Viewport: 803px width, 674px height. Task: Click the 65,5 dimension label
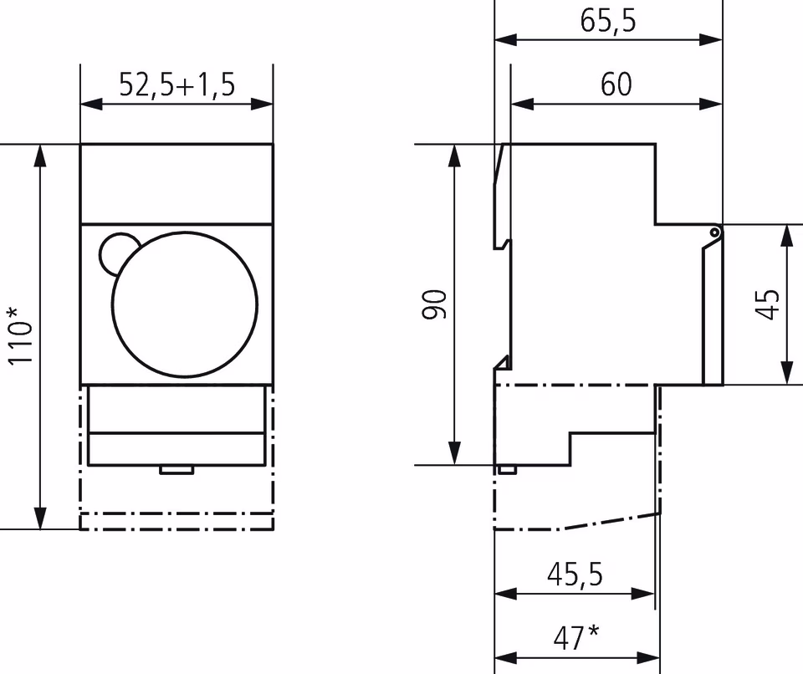coord(608,21)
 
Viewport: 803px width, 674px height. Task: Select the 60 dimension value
coord(616,84)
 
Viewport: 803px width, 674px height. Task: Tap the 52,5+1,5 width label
coord(177,85)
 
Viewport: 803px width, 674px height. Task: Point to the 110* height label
coord(20,336)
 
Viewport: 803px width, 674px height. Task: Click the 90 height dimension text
coord(434,304)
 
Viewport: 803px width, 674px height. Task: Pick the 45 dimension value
coord(768,305)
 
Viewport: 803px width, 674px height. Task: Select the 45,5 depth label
coord(575,574)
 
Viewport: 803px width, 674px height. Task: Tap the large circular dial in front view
coord(185,304)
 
